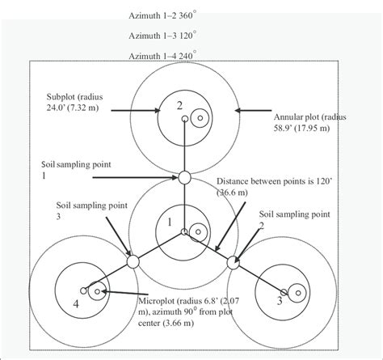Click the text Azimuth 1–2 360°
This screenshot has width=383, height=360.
pos(165,15)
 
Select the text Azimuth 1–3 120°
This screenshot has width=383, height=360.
pos(165,36)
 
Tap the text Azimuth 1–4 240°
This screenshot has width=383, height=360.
pos(165,57)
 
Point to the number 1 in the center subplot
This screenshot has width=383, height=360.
pos(170,220)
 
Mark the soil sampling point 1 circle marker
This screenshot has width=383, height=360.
pos(184,177)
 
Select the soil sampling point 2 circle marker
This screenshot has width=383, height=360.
pos(234,261)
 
